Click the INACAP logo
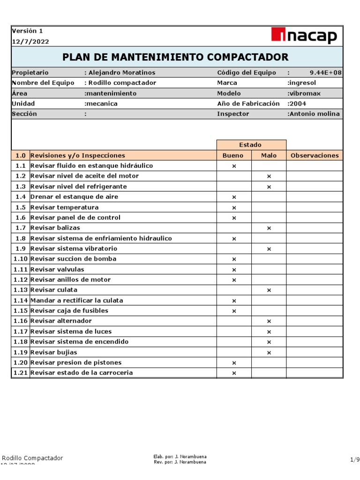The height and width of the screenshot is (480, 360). pos(304,36)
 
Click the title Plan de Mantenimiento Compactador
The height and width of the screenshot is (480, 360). pos(175,57)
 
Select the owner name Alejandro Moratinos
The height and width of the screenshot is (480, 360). pos(120,73)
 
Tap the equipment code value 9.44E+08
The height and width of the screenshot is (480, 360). pos(325,73)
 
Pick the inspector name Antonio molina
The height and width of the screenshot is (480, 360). pos(314,114)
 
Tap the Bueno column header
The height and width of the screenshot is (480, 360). pos(234,156)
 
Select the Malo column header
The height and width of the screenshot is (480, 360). pos(269,156)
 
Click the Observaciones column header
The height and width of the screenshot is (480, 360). pos(315,156)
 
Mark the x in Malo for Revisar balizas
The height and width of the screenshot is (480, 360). pos(269,228)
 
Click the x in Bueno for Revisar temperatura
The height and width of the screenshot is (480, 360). pos(234,208)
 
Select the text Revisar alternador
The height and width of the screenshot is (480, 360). pos(61,321)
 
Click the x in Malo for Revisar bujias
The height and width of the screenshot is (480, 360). pos(269,352)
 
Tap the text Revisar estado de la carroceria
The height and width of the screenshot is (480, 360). pos(81,373)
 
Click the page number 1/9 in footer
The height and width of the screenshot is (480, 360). pos(354,460)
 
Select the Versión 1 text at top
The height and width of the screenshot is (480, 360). pos(27,31)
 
